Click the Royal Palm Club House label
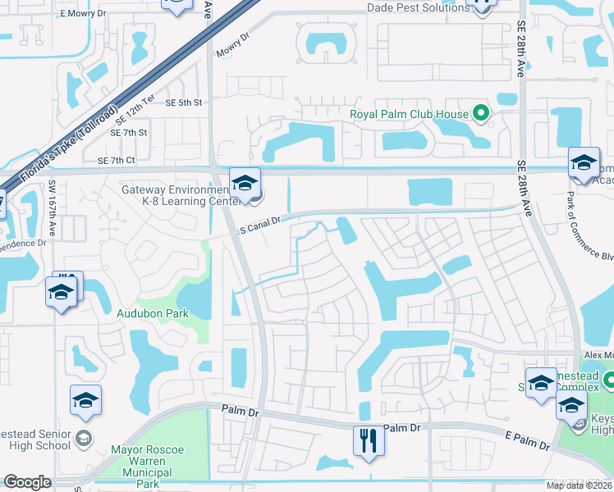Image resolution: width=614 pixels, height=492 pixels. pos(409,115)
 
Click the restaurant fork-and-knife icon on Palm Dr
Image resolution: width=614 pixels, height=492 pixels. pos(369,440)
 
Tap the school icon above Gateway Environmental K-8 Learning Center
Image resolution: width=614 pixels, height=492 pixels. pos(245,184)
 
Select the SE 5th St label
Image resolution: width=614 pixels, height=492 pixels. pos(183,103)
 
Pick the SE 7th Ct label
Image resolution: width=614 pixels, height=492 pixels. pos(116,161)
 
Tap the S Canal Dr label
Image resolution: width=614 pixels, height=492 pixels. pos(260,222)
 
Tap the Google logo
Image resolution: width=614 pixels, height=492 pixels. pos(28,482)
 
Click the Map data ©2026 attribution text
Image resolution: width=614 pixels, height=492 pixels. pos(580,485)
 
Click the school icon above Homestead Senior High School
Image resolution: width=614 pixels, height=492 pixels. pos(85,401)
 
